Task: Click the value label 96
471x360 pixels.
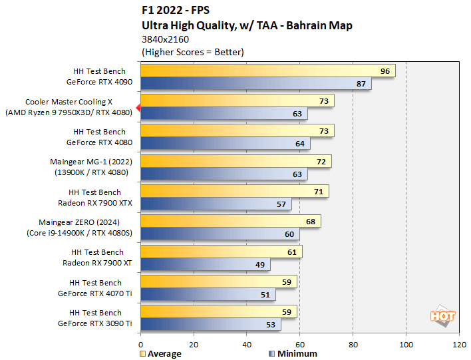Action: [x=385, y=71]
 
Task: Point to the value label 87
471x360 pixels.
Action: [x=361, y=84]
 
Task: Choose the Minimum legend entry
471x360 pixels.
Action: [x=293, y=353]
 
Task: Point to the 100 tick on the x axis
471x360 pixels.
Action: [x=406, y=345]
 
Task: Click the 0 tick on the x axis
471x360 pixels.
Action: [x=141, y=345]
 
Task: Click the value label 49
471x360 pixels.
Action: [x=259, y=265]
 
